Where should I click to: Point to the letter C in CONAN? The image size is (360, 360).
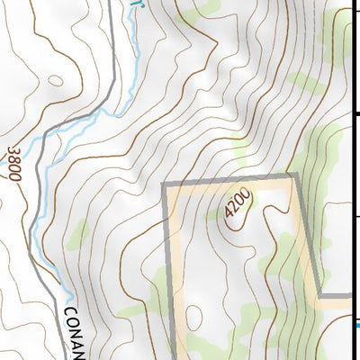[69, 313]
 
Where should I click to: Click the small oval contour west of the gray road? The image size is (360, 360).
[56, 81]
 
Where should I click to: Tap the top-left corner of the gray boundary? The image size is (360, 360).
[165, 184]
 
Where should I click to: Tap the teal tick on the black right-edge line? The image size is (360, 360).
[356, 325]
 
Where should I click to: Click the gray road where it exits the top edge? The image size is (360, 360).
[112, 3]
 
